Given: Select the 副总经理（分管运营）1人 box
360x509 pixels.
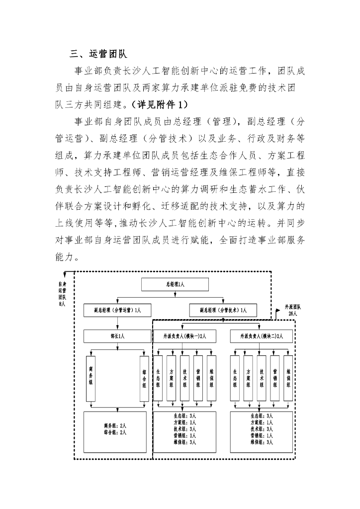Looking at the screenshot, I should (118, 311).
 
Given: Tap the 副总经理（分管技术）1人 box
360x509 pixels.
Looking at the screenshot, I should (224, 311).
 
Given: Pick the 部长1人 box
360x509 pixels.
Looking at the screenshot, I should (118, 337).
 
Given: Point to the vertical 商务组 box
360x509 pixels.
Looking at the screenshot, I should (91, 379).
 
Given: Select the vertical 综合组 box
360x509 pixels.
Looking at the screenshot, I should (144, 379).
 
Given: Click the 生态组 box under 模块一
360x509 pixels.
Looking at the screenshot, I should (158, 379).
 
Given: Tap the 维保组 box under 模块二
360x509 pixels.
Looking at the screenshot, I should (288, 379).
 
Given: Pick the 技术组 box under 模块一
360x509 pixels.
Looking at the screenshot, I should (185, 379).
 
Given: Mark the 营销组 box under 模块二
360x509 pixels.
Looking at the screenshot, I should (275, 379).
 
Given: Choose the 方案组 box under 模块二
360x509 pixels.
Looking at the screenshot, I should (248, 379).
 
